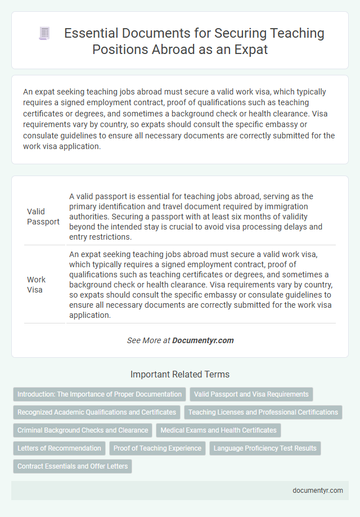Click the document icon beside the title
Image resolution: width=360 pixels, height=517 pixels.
click(x=43, y=34)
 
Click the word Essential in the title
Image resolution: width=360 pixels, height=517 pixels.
click(x=91, y=33)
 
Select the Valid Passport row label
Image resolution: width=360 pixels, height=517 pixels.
click(x=43, y=217)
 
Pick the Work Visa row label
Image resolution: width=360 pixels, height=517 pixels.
click(x=37, y=284)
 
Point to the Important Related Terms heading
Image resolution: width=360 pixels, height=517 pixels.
click(x=179, y=374)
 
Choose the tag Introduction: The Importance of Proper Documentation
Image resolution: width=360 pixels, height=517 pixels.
click(x=100, y=394)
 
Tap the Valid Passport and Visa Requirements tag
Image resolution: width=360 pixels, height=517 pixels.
click(x=251, y=394)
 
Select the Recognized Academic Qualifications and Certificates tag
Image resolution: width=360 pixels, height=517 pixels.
click(x=96, y=412)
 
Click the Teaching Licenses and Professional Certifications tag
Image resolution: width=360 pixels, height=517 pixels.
click(x=263, y=412)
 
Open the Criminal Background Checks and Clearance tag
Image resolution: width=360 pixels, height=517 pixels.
click(x=83, y=430)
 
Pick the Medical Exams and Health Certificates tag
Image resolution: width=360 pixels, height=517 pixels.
click(x=218, y=430)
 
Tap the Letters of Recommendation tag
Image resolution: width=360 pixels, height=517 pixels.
click(x=59, y=448)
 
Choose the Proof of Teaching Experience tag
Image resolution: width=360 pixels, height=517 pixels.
click(x=157, y=448)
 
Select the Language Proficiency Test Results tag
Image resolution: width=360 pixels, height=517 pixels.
click(x=264, y=448)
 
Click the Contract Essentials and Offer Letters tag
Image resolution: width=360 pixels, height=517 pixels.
click(x=73, y=466)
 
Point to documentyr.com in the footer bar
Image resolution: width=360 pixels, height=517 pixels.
click(x=318, y=490)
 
